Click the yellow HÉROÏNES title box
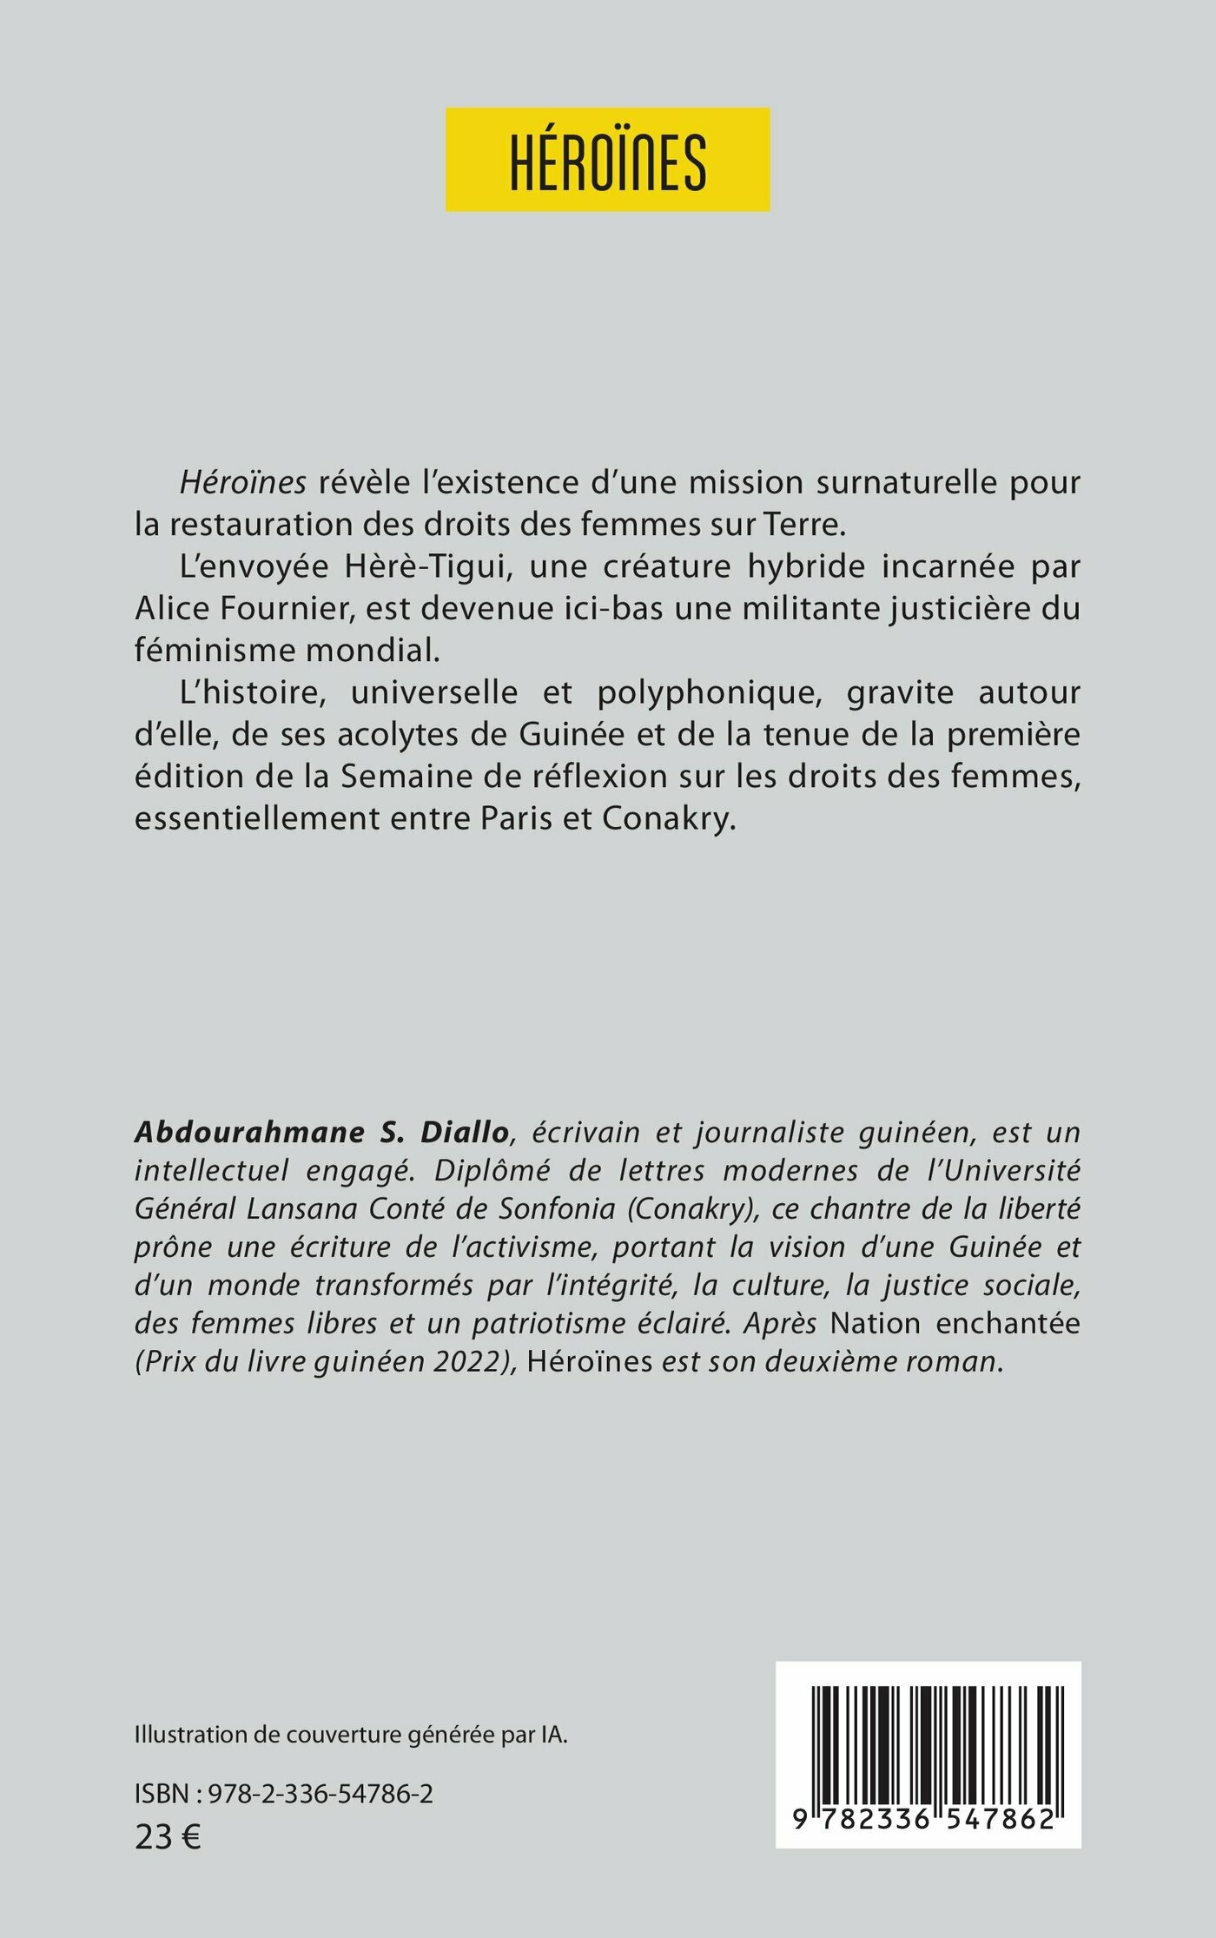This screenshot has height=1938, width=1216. (x=607, y=160)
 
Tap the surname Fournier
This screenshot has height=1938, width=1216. (x=286, y=609)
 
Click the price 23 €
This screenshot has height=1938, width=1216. (x=168, y=1836)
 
